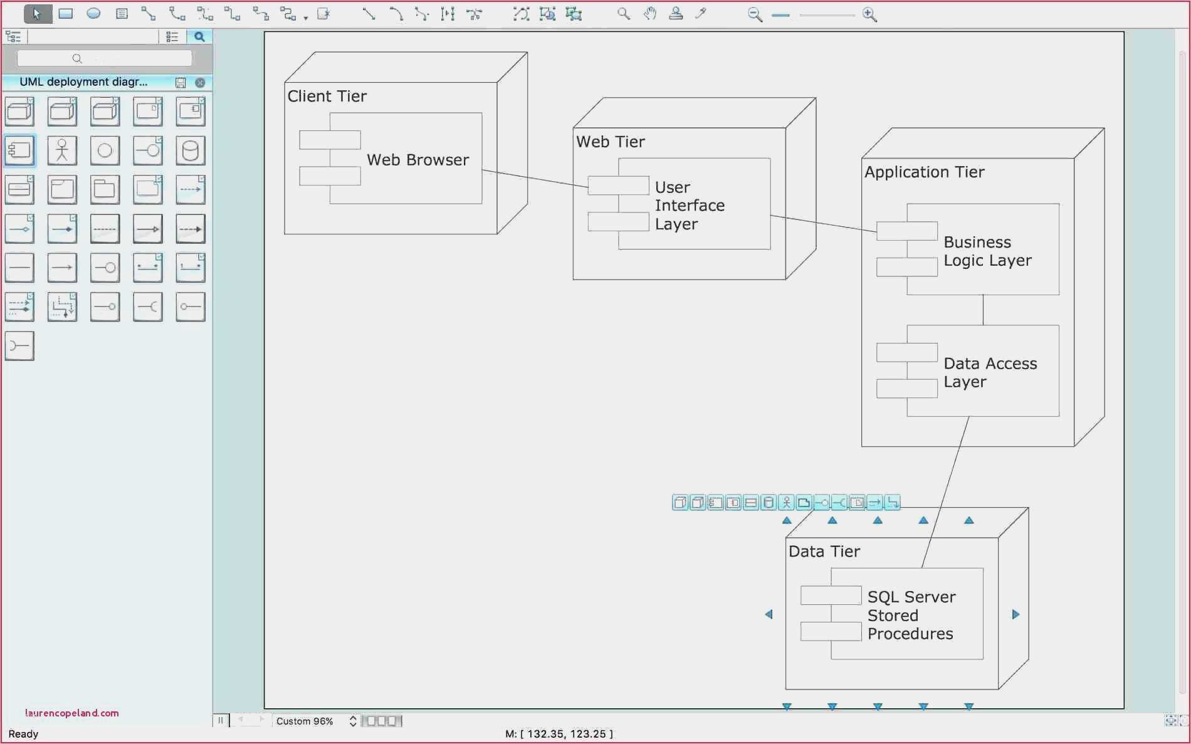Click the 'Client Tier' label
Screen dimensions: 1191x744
(x=327, y=96)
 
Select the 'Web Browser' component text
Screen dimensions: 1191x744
(x=417, y=160)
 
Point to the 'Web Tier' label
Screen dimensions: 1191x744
(x=610, y=142)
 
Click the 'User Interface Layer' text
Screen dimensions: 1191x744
(x=690, y=206)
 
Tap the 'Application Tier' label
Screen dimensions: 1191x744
(x=924, y=172)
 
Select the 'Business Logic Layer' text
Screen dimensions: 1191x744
(x=987, y=251)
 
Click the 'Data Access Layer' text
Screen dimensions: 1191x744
(x=990, y=372)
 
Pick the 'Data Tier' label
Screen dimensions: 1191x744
(x=824, y=552)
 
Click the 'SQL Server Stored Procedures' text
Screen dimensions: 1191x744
(x=911, y=615)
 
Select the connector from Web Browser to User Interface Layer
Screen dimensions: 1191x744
(x=535, y=179)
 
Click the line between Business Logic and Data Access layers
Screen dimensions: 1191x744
(x=983, y=310)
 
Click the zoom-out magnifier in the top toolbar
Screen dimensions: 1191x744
(x=755, y=14)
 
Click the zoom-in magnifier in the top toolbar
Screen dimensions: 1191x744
(x=869, y=14)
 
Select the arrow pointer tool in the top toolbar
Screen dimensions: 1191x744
(x=37, y=13)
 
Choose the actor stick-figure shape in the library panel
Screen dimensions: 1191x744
(x=62, y=151)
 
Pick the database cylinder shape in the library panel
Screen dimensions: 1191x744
(x=190, y=151)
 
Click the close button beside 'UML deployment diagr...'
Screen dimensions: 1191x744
(x=200, y=83)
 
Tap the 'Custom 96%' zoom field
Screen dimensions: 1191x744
(x=305, y=721)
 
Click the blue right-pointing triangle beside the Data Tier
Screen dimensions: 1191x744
(x=1015, y=614)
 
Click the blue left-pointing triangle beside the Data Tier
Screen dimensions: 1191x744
(x=769, y=614)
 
